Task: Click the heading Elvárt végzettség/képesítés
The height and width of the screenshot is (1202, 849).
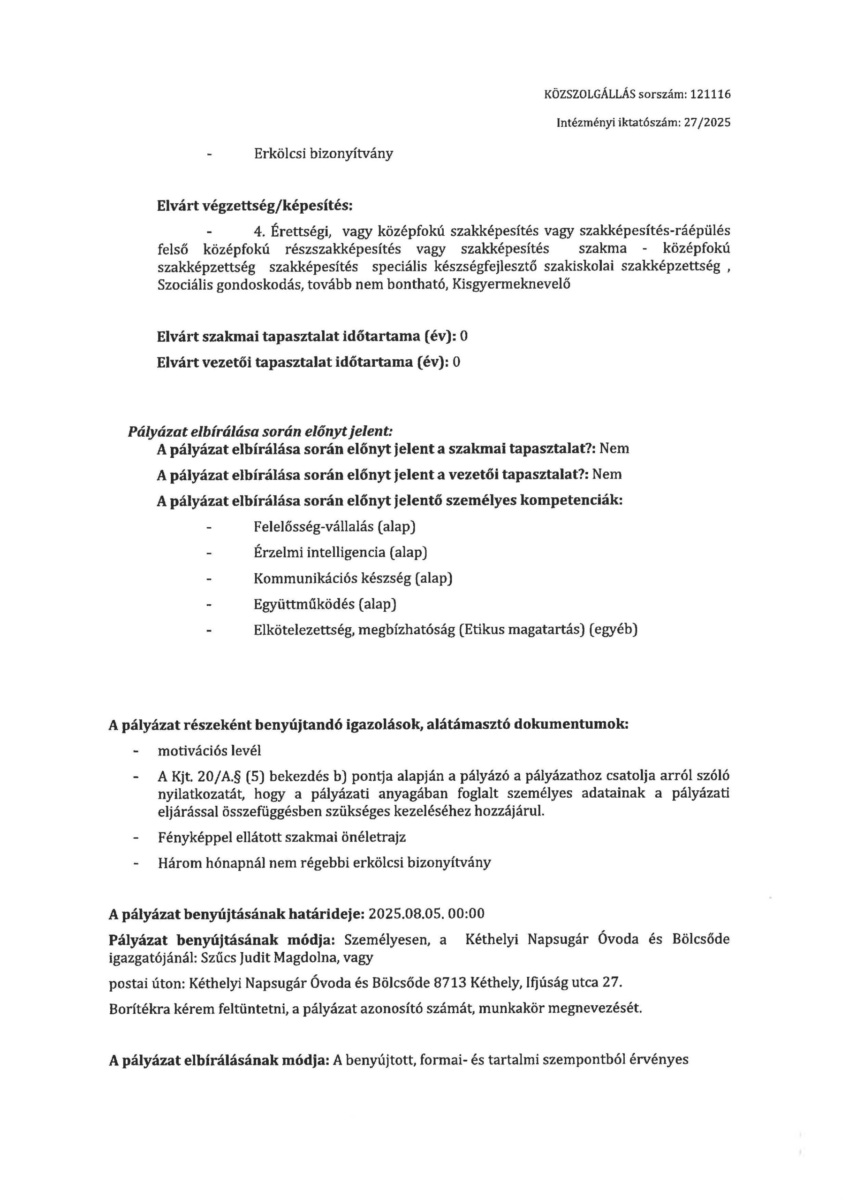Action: pos(254,206)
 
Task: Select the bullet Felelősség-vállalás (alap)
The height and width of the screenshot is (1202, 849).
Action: pos(334,527)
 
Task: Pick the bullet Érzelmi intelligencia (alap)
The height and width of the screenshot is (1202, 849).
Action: pos(341,552)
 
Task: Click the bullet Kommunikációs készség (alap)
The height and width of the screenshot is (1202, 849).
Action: pos(353,578)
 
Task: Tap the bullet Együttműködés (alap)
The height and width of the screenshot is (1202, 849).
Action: pos(325,604)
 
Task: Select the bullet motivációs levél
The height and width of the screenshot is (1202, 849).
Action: pos(209,751)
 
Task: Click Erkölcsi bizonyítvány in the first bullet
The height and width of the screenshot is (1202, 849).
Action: pos(323,154)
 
